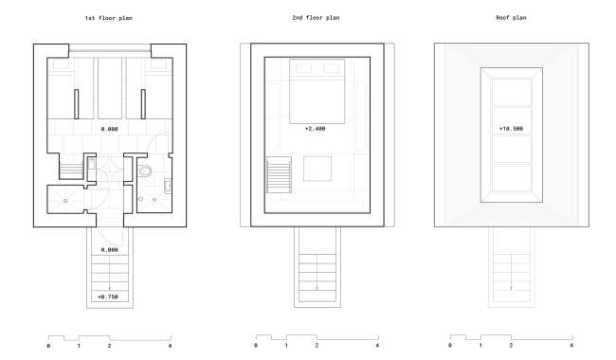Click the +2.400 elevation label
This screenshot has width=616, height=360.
[316, 127]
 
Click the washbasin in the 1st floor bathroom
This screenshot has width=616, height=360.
[168, 185]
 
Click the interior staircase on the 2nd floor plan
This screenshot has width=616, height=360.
[277, 174]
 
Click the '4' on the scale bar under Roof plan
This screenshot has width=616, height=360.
[571, 346]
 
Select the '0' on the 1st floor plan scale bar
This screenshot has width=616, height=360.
[48, 346]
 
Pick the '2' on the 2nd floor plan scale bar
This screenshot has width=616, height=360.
[317, 346]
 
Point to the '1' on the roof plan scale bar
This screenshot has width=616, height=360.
[480, 346]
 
